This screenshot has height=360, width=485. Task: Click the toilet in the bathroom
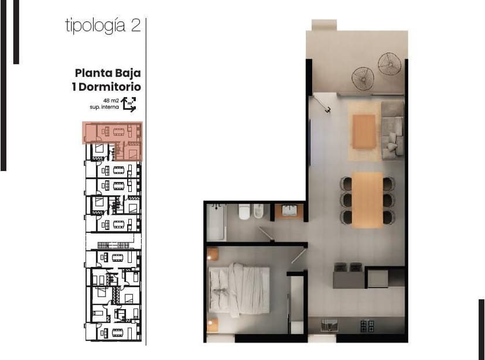click(244, 212)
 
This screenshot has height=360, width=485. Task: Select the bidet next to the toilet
click(258, 211)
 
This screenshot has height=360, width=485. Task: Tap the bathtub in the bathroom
click(216, 222)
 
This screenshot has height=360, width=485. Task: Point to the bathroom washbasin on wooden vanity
click(289, 211)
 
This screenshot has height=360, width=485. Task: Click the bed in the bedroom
click(239, 290)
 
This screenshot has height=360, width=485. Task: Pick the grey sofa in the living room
click(392, 130)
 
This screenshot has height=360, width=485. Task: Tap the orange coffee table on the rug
click(364, 132)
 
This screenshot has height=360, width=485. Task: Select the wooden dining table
click(367, 200)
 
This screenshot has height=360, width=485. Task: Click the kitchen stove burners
click(367, 326)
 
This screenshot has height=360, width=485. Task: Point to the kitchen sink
click(329, 325)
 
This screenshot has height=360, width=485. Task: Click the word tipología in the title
click(95, 26)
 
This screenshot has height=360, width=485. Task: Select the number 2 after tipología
click(136, 25)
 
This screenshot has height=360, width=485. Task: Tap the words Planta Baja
click(108, 73)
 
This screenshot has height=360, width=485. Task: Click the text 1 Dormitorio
click(107, 87)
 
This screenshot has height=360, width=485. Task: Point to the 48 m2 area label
click(111, 101)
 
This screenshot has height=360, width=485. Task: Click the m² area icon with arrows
click(129, 104)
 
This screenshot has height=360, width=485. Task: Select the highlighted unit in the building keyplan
click(112, 140)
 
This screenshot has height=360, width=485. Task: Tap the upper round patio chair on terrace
click(390, 64)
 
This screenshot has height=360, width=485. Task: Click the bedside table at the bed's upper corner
click(213, 254)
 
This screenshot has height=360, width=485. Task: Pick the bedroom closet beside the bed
click(297, 305)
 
